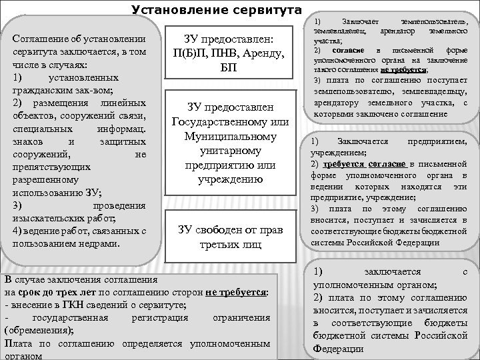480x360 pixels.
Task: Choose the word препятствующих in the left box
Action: [x=50, y=167]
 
